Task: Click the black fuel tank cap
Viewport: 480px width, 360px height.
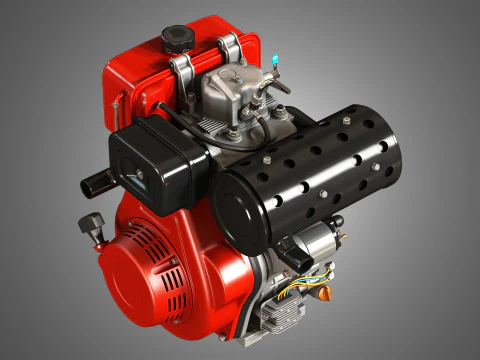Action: click(177, 39)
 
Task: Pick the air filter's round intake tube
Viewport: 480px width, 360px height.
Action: click(94, 181)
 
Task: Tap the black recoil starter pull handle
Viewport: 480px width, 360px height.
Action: click(93, 221)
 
